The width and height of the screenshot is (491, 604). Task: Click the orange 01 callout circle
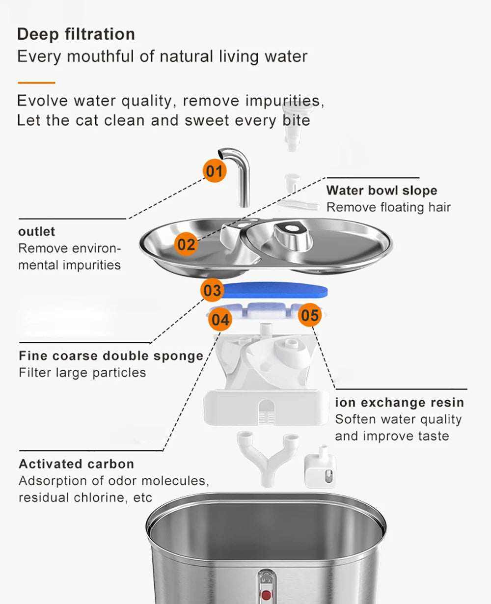coord(214,171)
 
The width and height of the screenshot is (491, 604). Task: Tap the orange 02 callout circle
coord(186,244)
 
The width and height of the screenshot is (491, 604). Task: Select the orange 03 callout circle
coord(212,290)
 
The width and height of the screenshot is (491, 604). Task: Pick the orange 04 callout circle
coord(220,320)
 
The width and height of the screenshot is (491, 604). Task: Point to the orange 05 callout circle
coord(310,315)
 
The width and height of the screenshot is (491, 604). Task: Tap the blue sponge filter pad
coord(275,290)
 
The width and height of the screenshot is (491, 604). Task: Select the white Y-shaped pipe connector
coord(268,457)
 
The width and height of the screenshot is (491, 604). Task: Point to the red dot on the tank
coord(266,595)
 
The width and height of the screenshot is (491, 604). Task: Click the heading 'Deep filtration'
coord(76,34)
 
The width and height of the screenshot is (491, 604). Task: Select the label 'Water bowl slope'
coord(382,191)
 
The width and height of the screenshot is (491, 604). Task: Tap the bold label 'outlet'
coord(37,231)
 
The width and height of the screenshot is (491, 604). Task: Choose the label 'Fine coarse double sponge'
coord(111,356)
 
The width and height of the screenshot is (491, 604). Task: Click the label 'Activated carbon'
coord(76,464)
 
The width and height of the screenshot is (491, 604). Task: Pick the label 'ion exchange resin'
coord(399,402)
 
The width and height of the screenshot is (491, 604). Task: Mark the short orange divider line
coord(36,82)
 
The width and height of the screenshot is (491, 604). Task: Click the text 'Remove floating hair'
coord(388,207)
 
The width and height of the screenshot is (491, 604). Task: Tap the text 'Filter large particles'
coord(82,373)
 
